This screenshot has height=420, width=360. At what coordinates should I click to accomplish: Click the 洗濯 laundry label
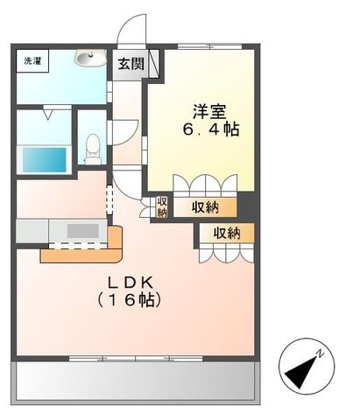(x=31, y=62)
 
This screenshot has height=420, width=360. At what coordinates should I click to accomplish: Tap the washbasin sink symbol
(x=88, y=59)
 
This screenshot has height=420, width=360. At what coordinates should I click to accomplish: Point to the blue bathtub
(x=43, y=159)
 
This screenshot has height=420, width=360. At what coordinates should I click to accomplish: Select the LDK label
(x=132, y=282)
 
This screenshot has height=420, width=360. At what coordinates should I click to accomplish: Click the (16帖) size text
(x=132, y=299)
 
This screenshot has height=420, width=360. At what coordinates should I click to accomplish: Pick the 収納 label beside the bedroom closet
(x=207, y=206)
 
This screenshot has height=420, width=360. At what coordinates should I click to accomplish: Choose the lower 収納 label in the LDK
(x=226, y=233)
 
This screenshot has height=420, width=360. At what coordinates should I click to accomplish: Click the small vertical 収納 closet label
(x=162, y=206)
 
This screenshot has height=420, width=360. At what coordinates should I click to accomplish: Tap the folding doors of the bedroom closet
(x=203, y=185)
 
